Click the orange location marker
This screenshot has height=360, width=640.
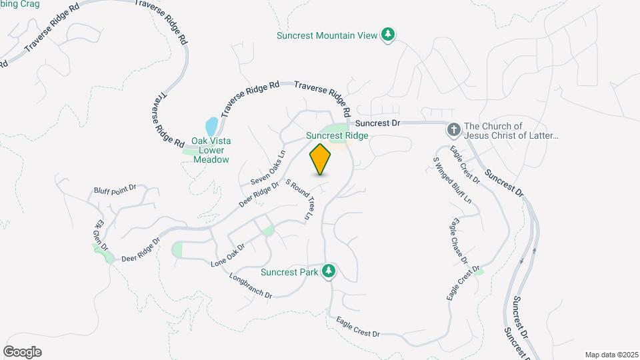click(x=321, y=159)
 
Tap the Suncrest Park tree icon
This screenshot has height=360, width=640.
click(x=328, y=271)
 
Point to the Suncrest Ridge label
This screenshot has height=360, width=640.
click(x=337, y=135)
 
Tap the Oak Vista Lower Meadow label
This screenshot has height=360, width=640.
click(x=211, y=150)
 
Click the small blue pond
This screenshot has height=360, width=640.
click(x=211, y=126)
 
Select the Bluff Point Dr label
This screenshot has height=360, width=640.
click(x=115, y=191)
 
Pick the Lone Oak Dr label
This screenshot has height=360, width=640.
click(x=228, y=255)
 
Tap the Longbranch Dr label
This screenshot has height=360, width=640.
click(x=251, y=285)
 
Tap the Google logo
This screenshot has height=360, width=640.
click(x=22, y=352)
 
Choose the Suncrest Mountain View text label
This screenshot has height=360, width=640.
click(x=327, y=35)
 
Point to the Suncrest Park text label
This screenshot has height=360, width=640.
click(x=289, y=271)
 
